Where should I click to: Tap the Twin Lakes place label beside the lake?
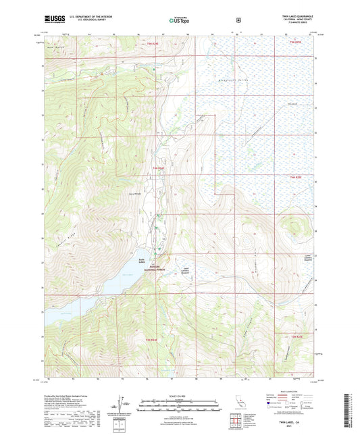pyautogui.click(x=141, y=261)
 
